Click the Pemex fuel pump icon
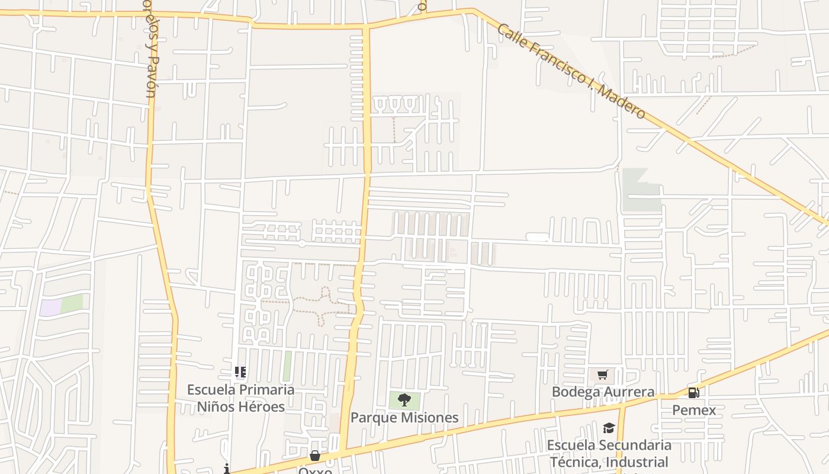coord(693,392)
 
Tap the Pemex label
coord(694,410)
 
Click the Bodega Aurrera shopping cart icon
coord(602,374)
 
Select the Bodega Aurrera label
coord(603,392)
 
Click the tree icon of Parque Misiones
coord(404,400)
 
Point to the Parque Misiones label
coord(404,418)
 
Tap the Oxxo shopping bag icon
coord(315,456)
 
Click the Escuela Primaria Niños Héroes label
coord(240,398)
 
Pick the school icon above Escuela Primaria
coord(240,372)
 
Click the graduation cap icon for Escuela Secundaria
coord(609,428)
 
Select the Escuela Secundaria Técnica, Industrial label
coord(609,453)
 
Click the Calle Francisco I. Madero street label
coord(571,71)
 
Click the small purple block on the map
coord(50,308)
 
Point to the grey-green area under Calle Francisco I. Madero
coord(641,191)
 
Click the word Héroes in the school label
coord(260,407)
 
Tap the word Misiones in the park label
coord(430,418)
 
